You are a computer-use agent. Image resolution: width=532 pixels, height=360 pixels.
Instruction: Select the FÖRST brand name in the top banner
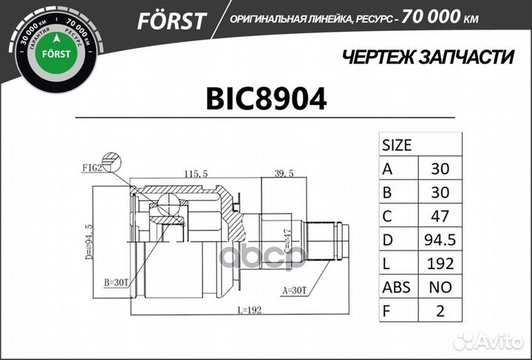[x=171, y=20]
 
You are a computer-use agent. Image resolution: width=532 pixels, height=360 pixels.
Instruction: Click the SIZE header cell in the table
[x=397, y=145]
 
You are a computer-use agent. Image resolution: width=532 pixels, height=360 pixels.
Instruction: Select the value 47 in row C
[x=440, y=215]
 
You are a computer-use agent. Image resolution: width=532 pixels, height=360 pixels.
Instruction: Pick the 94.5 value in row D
[x=440, y=240]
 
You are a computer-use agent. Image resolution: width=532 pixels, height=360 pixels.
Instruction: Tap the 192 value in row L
[x=440, y=263]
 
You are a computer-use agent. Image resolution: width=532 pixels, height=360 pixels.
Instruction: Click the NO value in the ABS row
[x=440, y=287]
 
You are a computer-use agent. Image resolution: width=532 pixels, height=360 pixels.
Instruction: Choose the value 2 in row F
[x=440, y=311]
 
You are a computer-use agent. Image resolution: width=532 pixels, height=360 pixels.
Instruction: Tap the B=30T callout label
[x=117, y=282]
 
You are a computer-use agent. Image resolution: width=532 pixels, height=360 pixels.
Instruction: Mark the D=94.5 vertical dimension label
[x=89, y=237]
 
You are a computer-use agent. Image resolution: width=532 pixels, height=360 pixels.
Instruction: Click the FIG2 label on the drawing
[x=92, y=169]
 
